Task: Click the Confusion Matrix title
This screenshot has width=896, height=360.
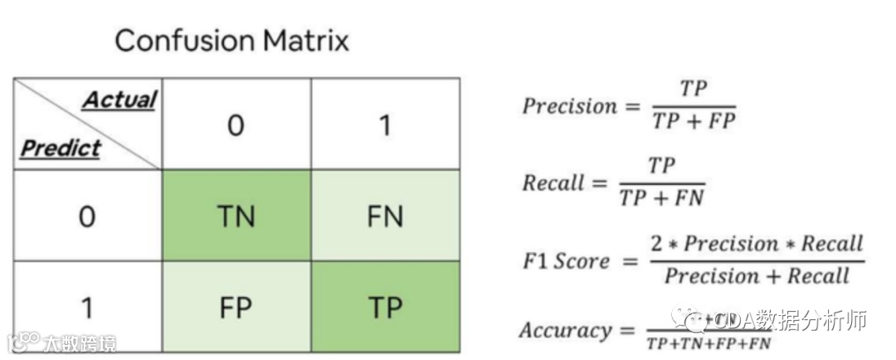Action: [231, 40]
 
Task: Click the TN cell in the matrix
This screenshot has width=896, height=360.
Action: [236, 216]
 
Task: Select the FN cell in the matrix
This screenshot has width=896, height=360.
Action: [384, 216]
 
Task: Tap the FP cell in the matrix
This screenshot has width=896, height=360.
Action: [236, 307]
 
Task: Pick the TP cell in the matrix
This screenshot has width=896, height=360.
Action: [384, 307]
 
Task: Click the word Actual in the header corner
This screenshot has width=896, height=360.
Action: [119, 100]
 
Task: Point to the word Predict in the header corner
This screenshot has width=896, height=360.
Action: [60, 148]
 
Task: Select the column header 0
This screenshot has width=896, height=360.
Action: [236, 125]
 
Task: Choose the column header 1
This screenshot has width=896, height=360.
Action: [384, 125]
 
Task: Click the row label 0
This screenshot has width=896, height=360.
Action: [86, 216]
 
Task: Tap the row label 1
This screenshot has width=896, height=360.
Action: [86, 307]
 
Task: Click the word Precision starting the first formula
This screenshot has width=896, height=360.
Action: [570, 106]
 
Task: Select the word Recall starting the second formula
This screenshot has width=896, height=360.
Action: [553, 182]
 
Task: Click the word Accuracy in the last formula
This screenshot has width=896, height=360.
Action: [566, 330]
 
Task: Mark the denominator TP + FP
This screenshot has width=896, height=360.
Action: [694, 121]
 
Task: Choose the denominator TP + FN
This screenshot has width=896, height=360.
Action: [661, 197]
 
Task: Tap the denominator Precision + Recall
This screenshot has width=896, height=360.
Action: [757, 275]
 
